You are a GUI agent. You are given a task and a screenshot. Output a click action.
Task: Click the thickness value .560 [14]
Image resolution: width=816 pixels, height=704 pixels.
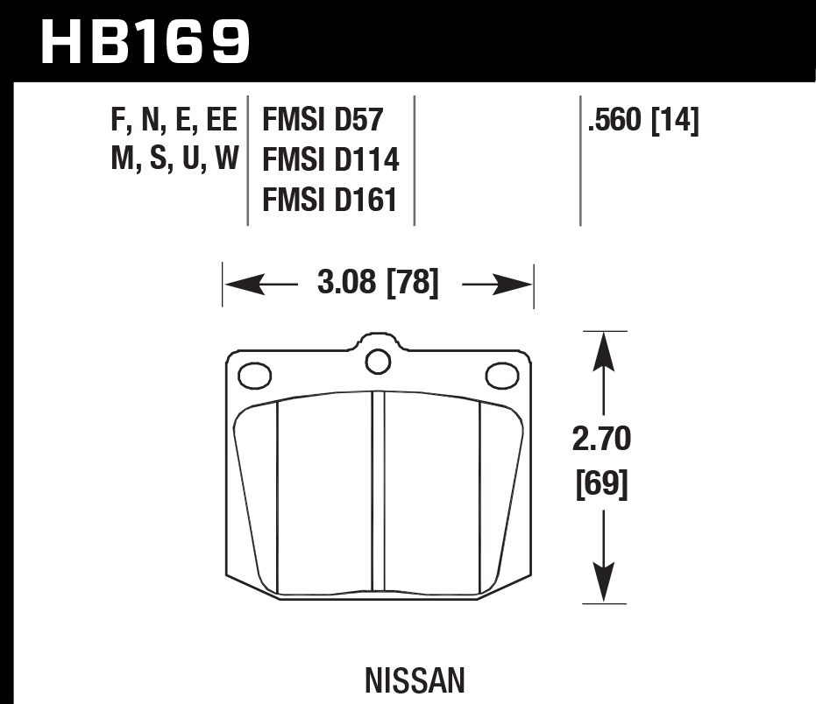click(x=645, y=121)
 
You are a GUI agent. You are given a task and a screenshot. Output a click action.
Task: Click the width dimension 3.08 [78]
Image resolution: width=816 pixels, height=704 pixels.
click(x=378, y=284)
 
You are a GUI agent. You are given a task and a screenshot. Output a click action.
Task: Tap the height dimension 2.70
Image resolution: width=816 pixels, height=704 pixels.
click(x=601, y=440)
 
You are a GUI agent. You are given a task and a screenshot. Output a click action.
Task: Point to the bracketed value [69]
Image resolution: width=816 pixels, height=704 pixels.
click(x=601, y=483)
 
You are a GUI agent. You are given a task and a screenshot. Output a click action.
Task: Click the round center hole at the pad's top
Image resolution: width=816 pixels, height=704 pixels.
click(x=378, y=360)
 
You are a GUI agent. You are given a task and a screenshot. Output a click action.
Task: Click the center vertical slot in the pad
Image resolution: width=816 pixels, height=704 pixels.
click(x=379, y=495)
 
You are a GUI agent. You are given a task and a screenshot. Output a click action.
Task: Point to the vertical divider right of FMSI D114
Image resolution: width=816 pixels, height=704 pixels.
click(x=414, y=160)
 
